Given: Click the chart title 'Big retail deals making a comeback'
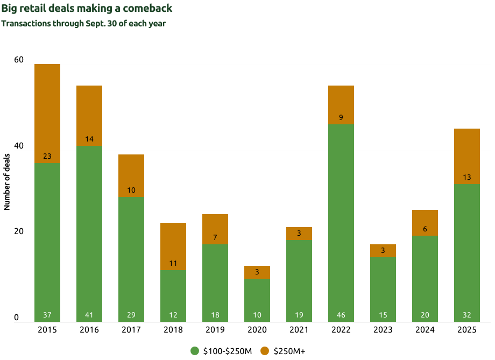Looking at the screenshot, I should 87,9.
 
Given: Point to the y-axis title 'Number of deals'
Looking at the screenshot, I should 8,185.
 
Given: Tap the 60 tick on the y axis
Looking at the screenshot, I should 19,59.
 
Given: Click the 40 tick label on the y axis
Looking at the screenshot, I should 19,145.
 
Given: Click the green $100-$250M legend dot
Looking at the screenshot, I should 195,351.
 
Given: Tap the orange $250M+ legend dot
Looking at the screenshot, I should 265,351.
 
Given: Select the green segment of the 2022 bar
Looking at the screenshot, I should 341,215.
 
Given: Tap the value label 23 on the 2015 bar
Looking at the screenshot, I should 47,157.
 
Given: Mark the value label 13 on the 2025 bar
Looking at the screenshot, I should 467,178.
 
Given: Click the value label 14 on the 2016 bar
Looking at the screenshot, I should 89,139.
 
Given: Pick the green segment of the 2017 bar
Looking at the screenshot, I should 131,253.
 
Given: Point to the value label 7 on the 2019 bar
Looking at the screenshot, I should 215,237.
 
